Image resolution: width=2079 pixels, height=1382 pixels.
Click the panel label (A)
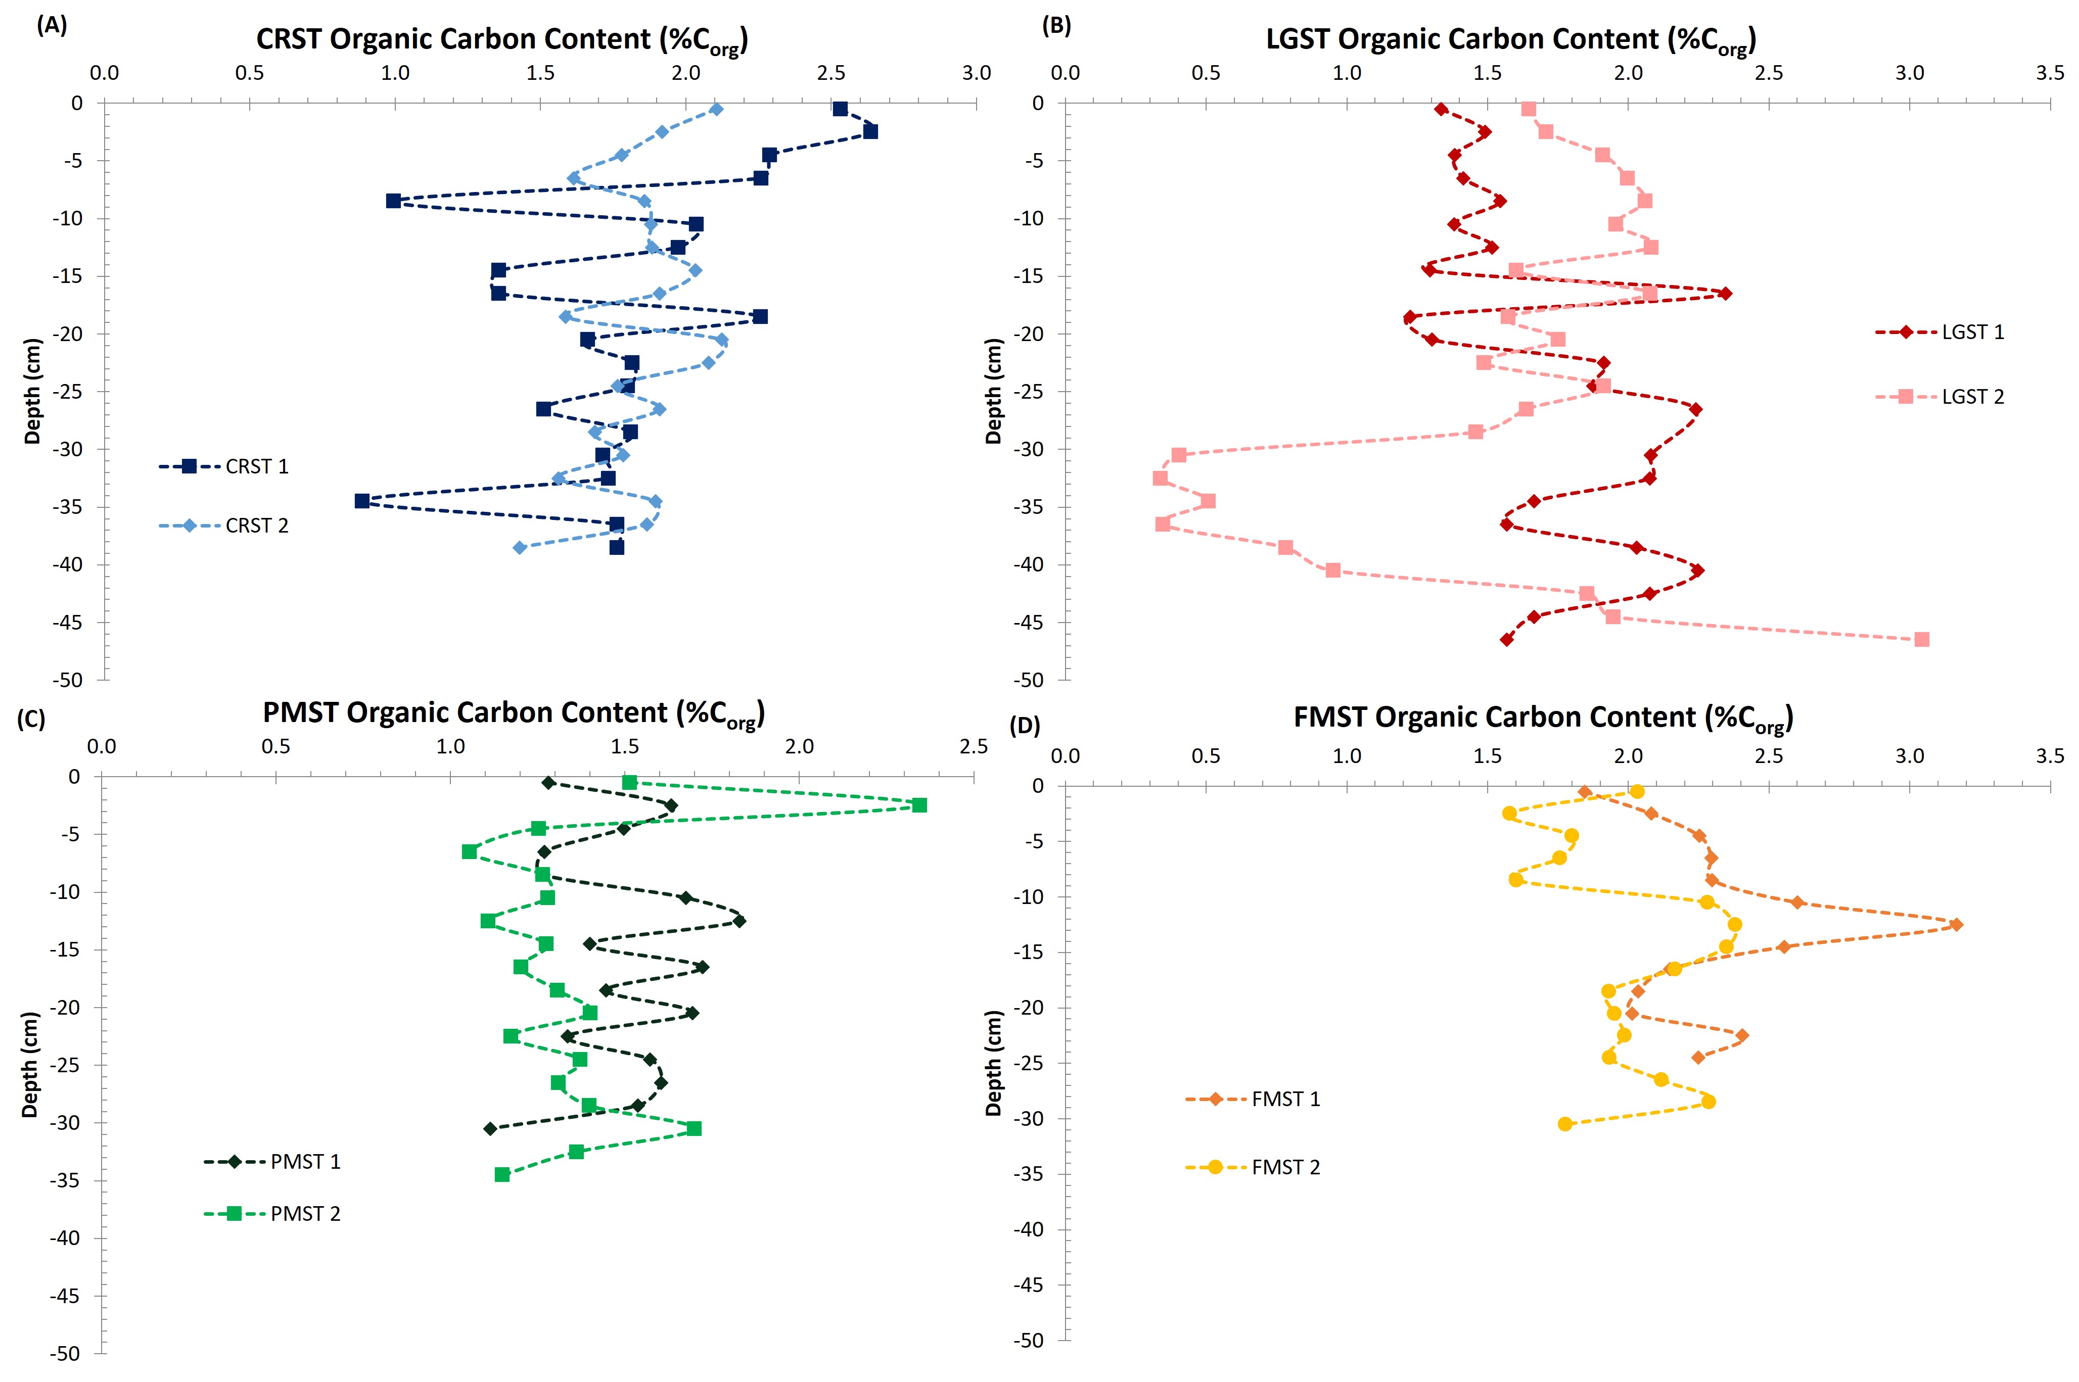coord(51,26)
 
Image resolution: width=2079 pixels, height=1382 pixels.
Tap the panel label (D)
coord(1025,726)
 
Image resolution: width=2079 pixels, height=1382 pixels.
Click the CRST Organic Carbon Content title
coord(501,39)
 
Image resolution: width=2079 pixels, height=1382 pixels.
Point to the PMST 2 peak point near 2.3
coord(919,805)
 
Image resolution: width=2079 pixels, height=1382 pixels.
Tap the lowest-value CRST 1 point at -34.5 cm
coord(361,501)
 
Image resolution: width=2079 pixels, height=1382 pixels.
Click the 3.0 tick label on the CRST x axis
coord(976,73)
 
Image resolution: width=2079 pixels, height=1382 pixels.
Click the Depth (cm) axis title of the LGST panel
coord(994,391)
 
